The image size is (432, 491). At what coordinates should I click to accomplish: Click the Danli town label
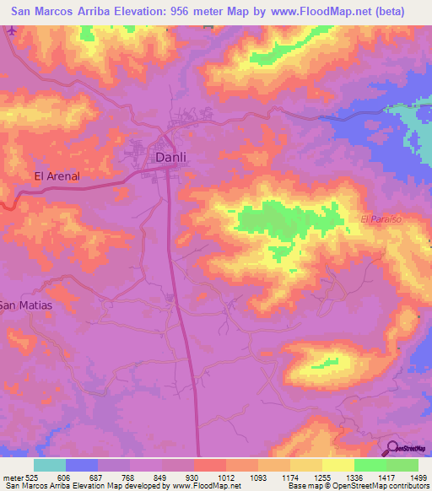(x=170, y=157)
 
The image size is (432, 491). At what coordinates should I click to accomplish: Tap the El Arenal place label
(x=57, y=176)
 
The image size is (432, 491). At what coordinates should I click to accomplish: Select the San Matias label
(x=25, y=305)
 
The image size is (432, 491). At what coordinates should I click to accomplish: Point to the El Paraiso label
(x=383, y=219)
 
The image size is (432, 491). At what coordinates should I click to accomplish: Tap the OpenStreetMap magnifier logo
(x=393, y=448)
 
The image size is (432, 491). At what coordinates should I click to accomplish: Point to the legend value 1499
(x=408, y=477)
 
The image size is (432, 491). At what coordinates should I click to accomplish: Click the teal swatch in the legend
(x=50, y=465)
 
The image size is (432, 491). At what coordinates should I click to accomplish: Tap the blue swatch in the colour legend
(x=82, y=465)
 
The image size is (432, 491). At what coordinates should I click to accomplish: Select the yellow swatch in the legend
(x=338, y=465)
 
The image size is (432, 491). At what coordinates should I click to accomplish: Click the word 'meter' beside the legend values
(x=13, y=477)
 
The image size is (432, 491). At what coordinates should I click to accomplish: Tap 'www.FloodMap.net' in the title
(x=321, y=12)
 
